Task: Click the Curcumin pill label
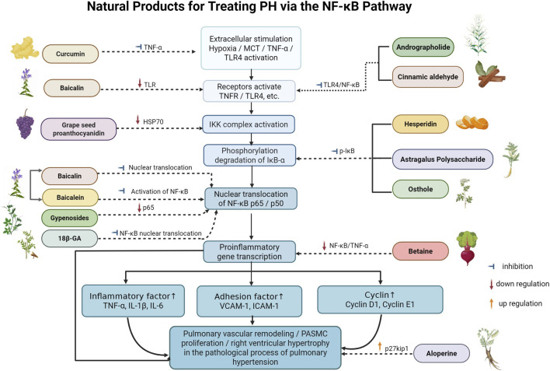70,54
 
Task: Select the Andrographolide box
423,47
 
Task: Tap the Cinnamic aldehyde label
427,76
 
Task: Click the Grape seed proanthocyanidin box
78,129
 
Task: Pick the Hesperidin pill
420,124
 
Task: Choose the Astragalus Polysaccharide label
443,159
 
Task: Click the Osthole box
420,189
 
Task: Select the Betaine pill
420,251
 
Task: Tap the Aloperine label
441,353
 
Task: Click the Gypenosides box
69,218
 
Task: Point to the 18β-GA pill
69,238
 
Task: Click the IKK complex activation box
249,124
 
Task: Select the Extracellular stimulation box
251,48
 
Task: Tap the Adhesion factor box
249,301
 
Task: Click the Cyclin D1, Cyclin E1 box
380,299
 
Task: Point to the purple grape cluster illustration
26,124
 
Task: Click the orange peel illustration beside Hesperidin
472,123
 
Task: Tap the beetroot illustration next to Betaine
467,248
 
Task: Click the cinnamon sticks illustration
490,74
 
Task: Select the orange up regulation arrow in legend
492,303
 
